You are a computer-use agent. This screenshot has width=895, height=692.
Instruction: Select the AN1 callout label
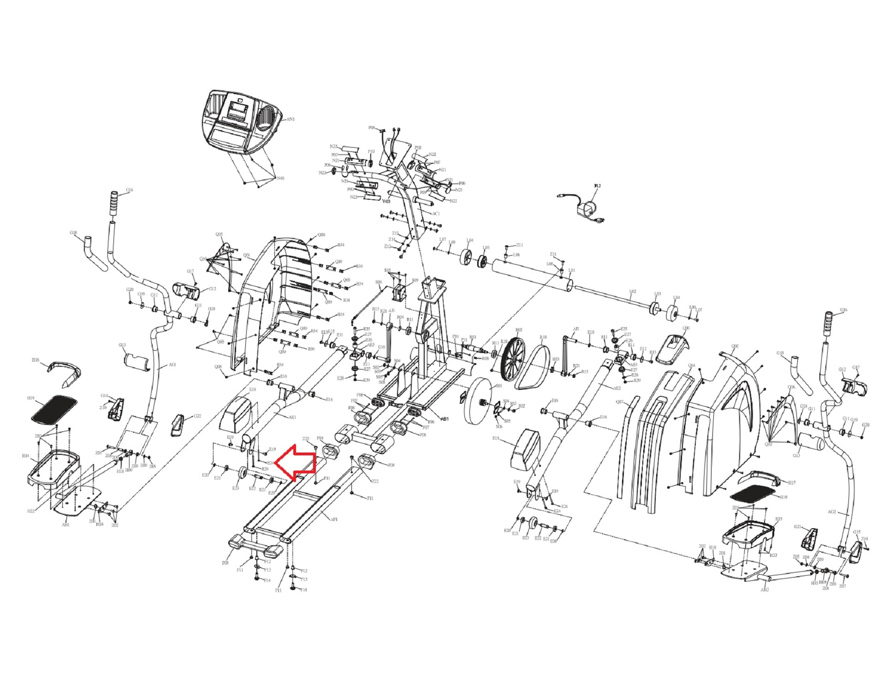pos(290,119)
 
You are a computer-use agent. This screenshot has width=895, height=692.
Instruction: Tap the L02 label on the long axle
pos(633,292)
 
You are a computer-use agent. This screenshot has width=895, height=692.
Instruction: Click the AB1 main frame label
pos(445,419)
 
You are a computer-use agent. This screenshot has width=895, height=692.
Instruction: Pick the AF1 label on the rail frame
pos(334,519)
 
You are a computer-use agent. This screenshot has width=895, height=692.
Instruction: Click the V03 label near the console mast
pos(386,201)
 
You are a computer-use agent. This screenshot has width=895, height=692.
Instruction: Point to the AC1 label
pos(436,214)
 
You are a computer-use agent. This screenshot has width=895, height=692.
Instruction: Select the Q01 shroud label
pos(246,255)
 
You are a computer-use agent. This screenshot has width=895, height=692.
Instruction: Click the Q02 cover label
pos(735,346)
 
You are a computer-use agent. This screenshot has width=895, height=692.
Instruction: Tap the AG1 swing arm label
pos(172,364)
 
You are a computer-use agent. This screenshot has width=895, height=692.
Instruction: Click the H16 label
pos(36,360)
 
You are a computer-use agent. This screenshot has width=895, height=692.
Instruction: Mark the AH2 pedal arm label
pos(764,590)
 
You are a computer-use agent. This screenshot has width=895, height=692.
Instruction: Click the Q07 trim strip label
pos(620,402)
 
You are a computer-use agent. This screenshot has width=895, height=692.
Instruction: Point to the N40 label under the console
pos(280,178)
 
